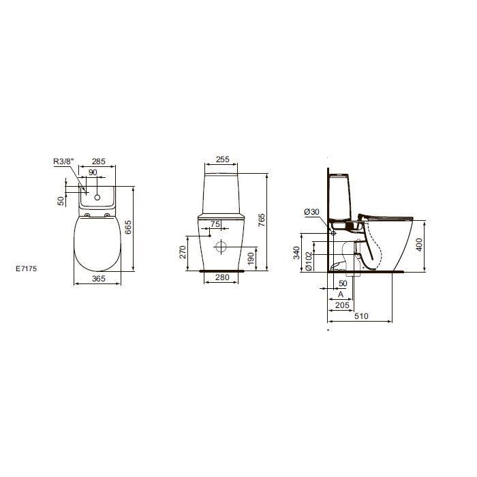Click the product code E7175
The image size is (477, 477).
pyautogui.click(x=27, y=268)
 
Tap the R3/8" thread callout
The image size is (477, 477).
pyautogui.click(x=63, y=161)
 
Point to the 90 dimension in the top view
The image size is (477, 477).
pyautogui.click(x=93, y=172)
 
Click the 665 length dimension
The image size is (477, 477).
pyautogui.click(x=128, y=227)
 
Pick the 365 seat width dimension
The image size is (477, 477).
pyautogui.click(x=98, y=278)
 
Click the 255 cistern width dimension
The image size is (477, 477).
pyautogui.click(x=222, y=159)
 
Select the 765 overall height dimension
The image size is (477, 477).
pyautogui.click(x=262, y=220)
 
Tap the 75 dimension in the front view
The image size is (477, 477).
pyautogui.click(x=215, y=224)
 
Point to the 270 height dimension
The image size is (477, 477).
pyautogui.click(x=183, y=252)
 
